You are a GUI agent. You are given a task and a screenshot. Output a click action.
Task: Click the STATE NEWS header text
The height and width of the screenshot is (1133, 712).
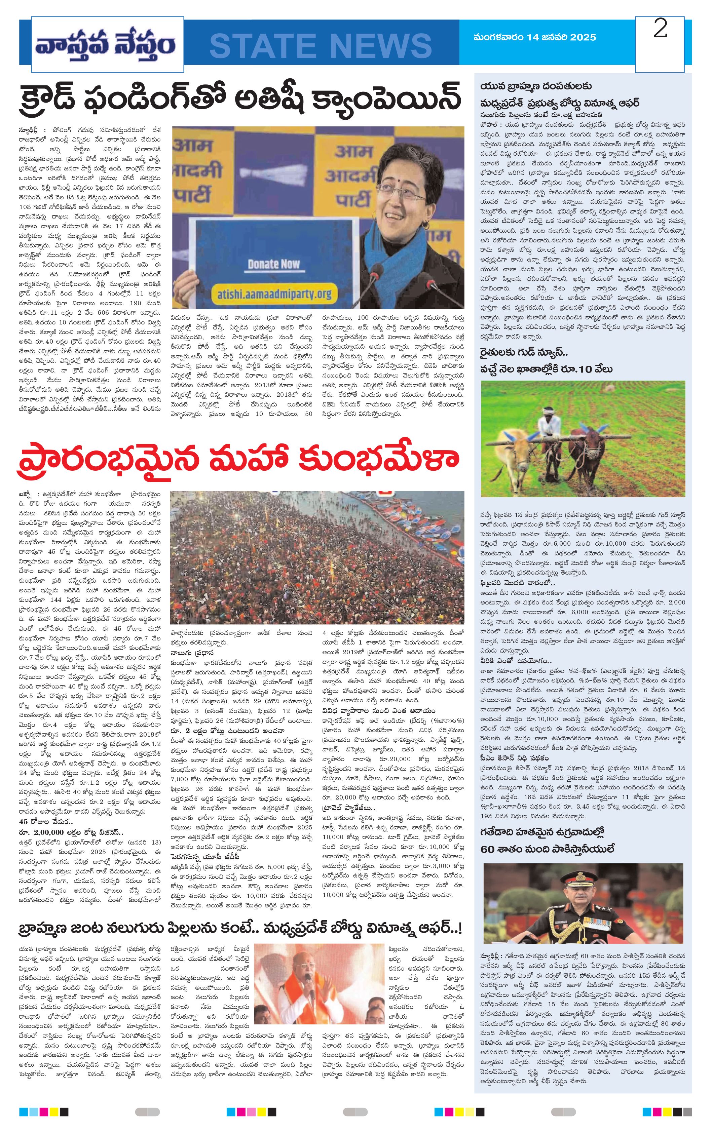coord(321,45)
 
